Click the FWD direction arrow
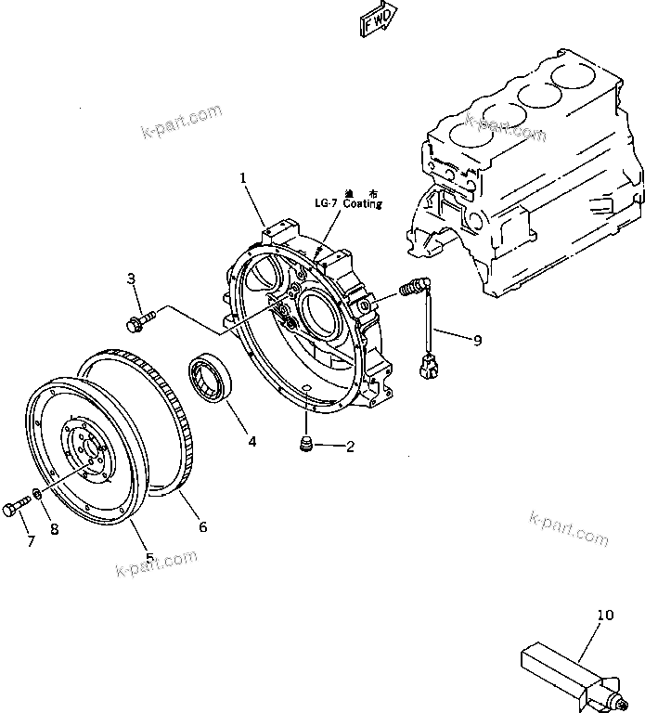377,18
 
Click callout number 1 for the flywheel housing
243,176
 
